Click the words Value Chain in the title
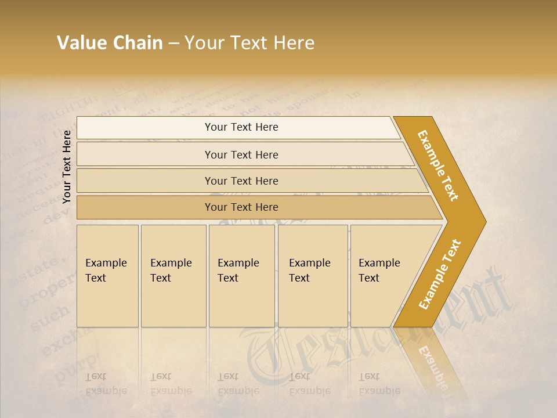pos(110,43)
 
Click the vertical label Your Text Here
pos(67,167)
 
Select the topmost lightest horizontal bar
pos(241,127)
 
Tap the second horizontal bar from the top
pos(241,154)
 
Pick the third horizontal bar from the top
pos(241,181)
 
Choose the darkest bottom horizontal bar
pos(241,207)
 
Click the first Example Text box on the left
pos(107,276)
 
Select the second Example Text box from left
pos(173,276)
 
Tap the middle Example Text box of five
pos(241,276)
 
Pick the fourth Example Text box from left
pos(313,276)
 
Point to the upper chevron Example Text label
pos(439,165)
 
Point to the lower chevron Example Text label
pos(440,274)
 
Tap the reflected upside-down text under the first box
pos(106,384)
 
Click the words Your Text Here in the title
pos(249,43)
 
